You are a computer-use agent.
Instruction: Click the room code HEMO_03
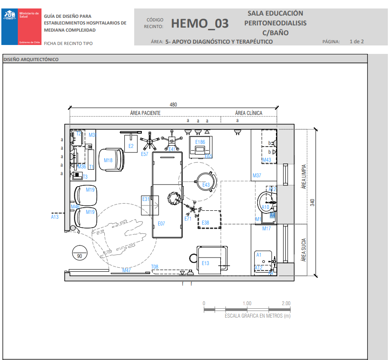pyautogui.click(x=200, y=24)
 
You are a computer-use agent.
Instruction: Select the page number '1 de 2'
pyautogui.click(x=357, y=41)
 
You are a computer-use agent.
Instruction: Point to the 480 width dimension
pyautogui.click(x=173, y=105)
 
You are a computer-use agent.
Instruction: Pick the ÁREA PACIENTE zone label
pyautogui.click(x=145, y=113)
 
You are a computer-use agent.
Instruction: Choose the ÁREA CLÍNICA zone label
pyautogui.click(x=249, y=113)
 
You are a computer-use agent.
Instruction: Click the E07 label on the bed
pyautogui.click(x=161, y=224)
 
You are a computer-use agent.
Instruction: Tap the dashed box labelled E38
pyautogui.click(x=209, y=220)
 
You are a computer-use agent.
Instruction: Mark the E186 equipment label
pyautogui.click(x=200, y=142)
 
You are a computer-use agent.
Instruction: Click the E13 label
pyautogui.click(x=205, y=263)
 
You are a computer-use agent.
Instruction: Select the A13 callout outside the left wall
pyautogui.click(x=55, y=217)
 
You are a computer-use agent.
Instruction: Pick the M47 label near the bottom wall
pyautogui.click(x=127, y=270)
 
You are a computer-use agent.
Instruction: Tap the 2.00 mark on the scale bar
pyautogui.click(x=286, y=303)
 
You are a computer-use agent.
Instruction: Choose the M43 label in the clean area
pyautogui.click(x=267, y=160)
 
